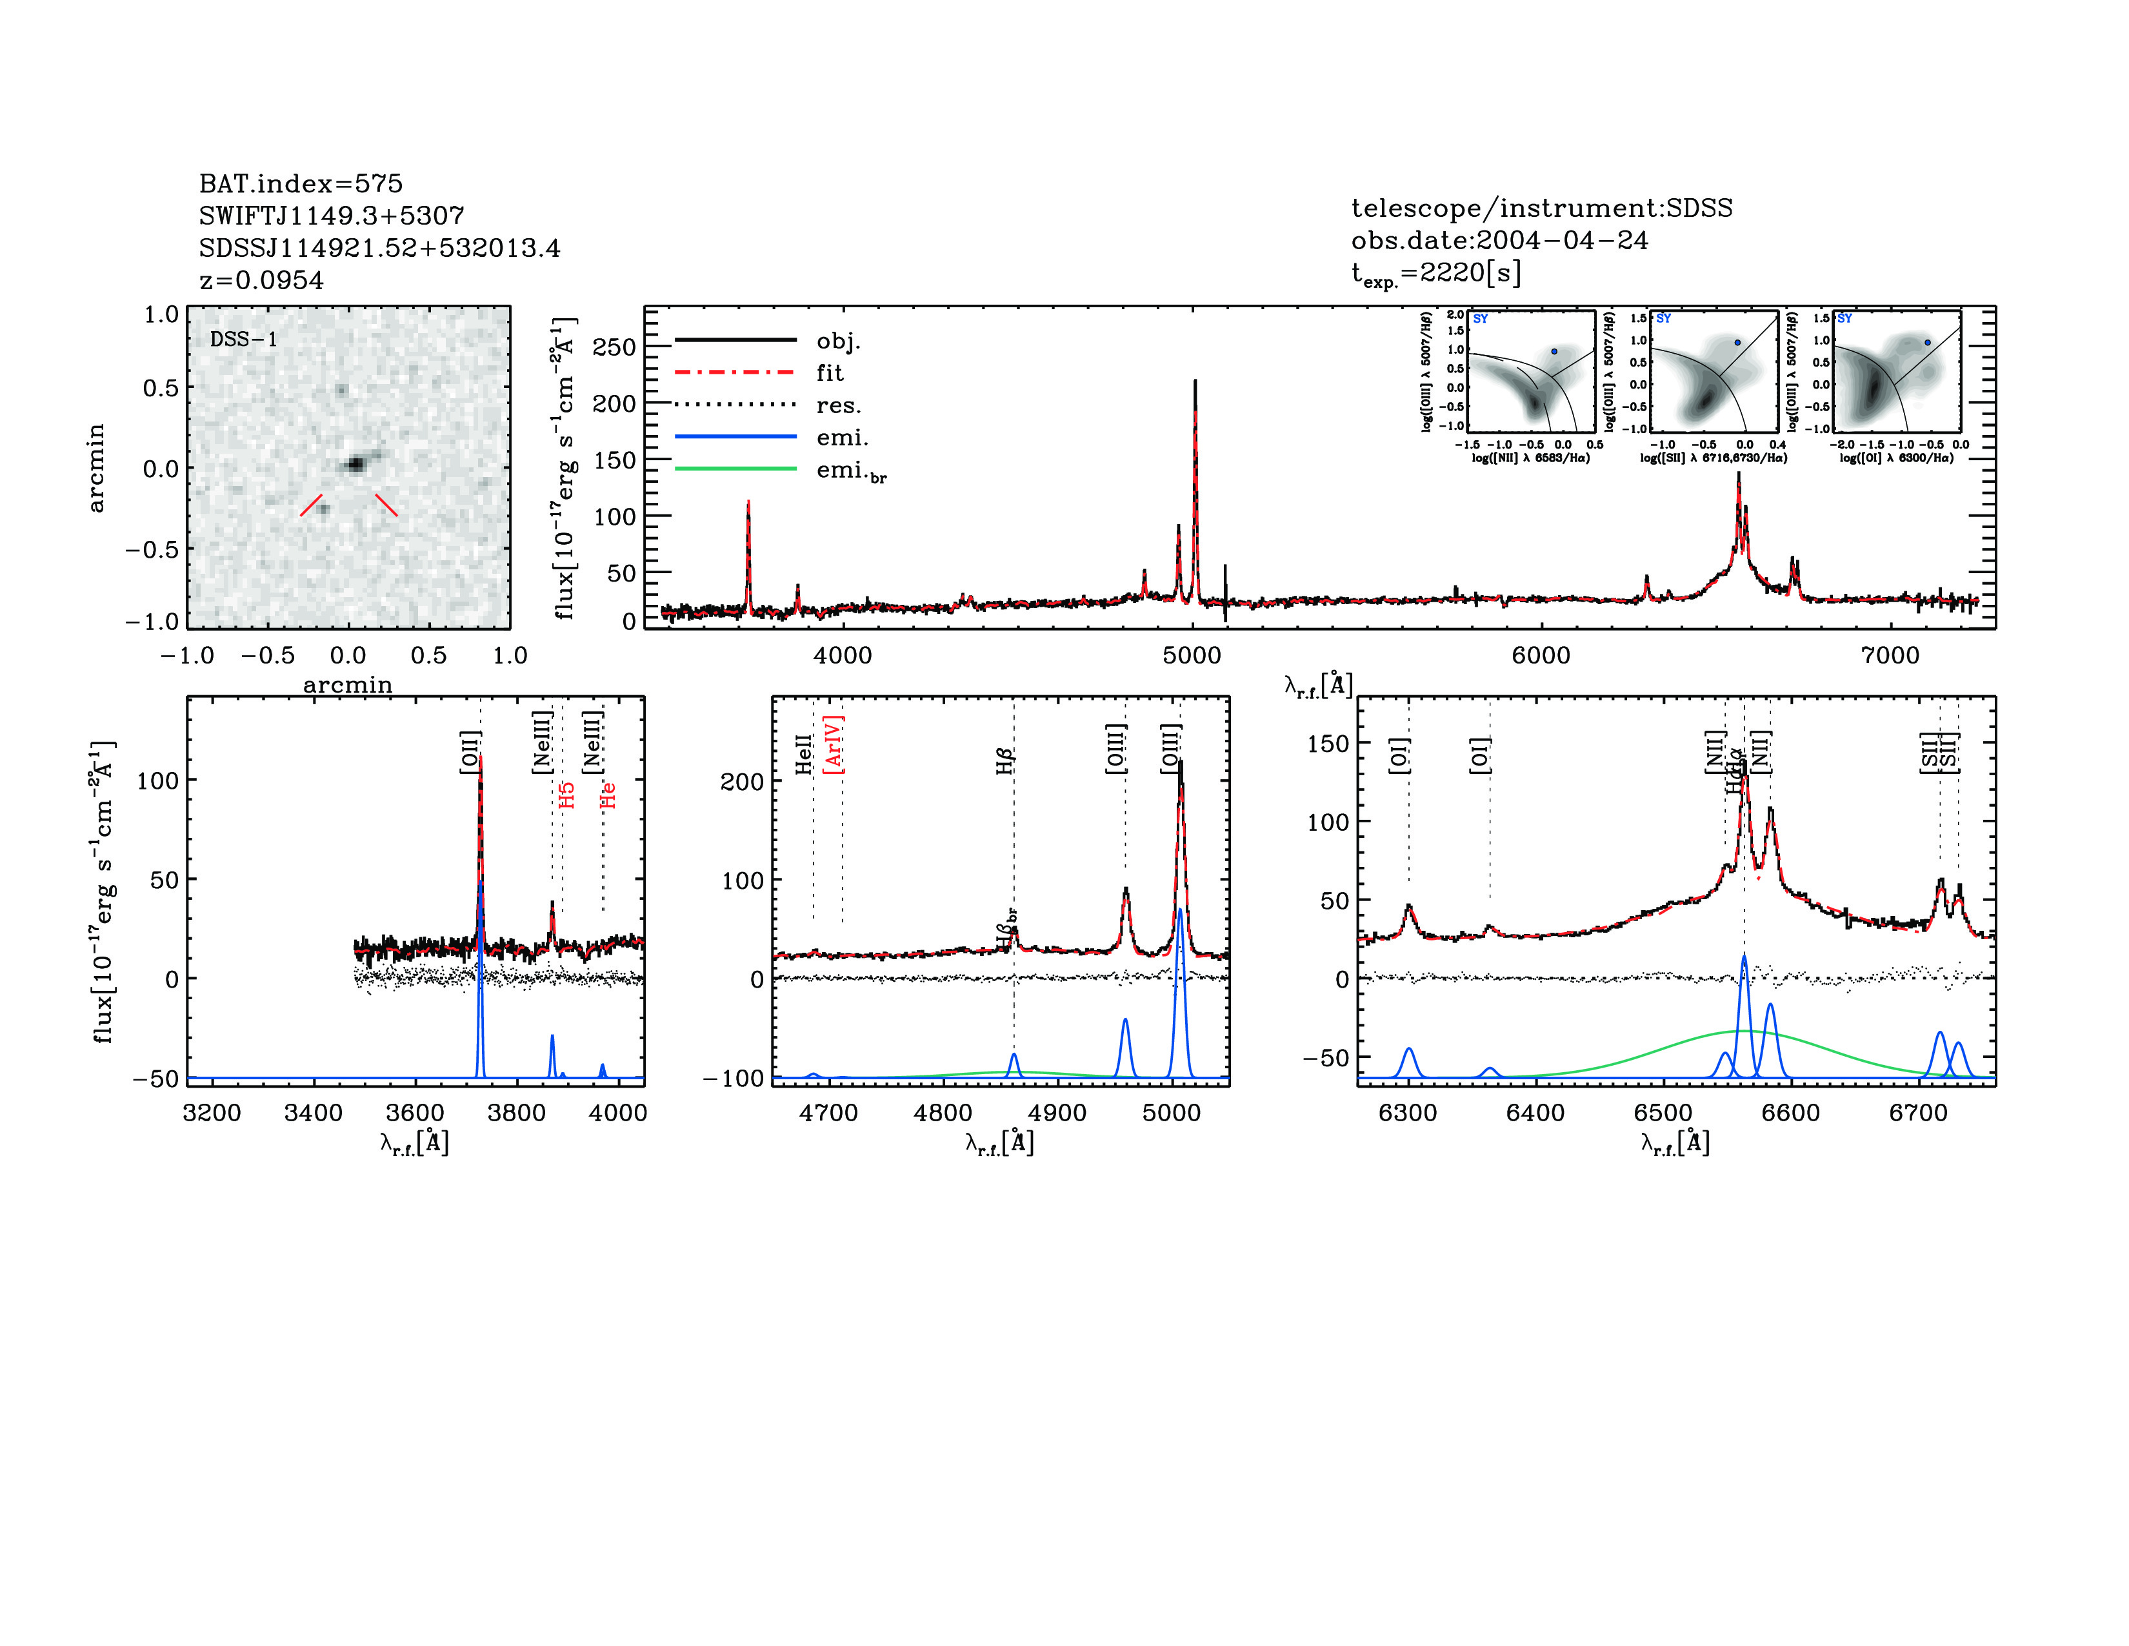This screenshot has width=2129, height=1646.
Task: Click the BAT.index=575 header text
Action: click(300, 183)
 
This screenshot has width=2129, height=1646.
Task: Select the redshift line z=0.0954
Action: click(261, 281)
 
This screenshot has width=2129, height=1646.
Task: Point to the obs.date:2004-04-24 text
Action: click(1499, 241)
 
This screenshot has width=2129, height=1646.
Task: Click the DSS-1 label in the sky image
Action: click(244, 340)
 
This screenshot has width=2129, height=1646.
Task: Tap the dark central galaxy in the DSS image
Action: click(356, 464)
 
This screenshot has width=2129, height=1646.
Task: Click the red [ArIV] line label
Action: click(834, 745)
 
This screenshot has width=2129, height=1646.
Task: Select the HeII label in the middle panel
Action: click(805, 755)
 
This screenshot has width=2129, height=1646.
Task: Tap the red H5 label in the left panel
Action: click(567, 795)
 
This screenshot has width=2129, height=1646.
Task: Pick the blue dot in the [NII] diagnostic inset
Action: click(1555, 351)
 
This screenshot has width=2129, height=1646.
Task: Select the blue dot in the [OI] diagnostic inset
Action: click(1927, 342)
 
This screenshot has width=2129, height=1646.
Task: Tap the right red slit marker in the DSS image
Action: click(386, 504)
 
